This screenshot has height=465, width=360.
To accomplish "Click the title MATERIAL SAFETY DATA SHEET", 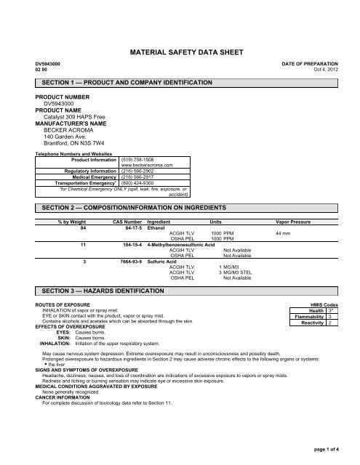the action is coord(180,52).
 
